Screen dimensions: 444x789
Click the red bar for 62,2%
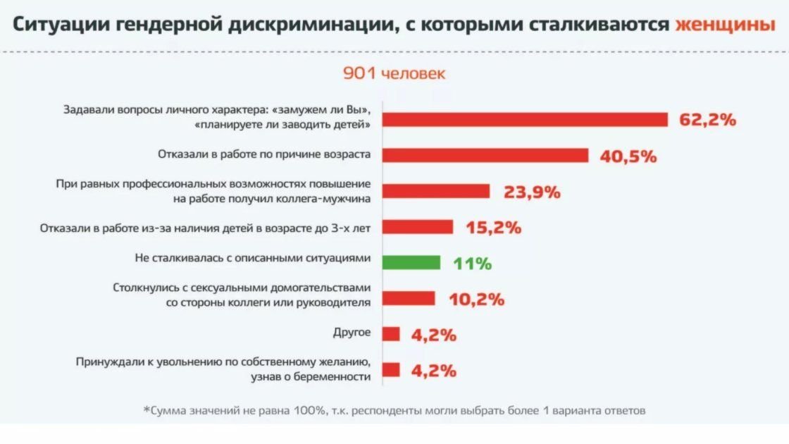(x=525, y=120)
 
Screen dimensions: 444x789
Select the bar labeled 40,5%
(x=485, y=155)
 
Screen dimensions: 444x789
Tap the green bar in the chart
(x=411, y=263)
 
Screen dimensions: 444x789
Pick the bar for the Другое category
(x=391, y=334)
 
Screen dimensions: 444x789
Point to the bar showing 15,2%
(x=418, y=227)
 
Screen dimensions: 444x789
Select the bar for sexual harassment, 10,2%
(x=409, y=298)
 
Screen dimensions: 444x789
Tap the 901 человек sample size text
(x=394, y=73)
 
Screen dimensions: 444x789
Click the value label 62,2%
(x=707, y=120)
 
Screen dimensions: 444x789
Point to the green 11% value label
(x=472, y=264)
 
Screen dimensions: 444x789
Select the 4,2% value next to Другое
(x=433, y=335)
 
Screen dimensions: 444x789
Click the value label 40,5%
(x=628, y=156)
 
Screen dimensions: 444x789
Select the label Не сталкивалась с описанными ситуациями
(x=252, y=259)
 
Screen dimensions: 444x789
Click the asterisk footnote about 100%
(x=394, y=410)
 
